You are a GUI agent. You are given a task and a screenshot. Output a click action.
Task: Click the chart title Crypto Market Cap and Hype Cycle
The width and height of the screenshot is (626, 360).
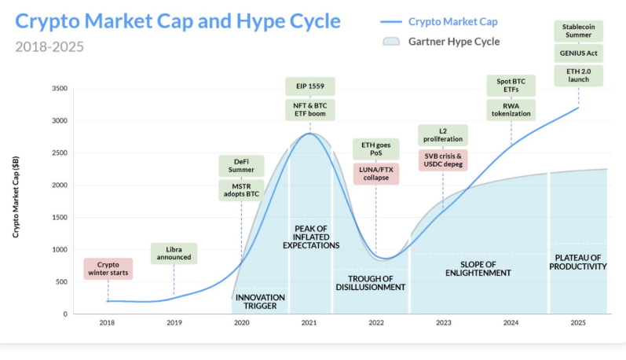point(178,21)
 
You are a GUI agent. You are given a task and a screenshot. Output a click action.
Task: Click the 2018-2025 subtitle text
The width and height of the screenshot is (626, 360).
point(49,46)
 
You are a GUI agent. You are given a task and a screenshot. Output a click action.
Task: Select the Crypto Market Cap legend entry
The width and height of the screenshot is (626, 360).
point(452,22)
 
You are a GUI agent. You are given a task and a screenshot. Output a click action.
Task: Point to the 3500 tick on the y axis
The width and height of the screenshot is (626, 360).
point(60,89)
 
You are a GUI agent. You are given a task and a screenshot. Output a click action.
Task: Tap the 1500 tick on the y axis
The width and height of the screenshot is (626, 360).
point(60,218)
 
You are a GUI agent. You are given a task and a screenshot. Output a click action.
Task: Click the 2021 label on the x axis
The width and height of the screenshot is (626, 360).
point(309,322)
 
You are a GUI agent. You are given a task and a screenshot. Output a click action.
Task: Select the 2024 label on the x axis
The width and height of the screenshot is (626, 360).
point(511,322)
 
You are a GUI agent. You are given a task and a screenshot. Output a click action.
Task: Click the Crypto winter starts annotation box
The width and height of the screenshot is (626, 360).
point(108,269)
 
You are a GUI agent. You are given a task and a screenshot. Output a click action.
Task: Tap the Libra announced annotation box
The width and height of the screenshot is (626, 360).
point(174,254)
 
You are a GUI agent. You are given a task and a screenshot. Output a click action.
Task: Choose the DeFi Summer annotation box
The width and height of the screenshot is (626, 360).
point(241,166)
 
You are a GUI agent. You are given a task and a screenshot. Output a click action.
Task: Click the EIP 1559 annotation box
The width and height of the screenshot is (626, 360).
point(309,86)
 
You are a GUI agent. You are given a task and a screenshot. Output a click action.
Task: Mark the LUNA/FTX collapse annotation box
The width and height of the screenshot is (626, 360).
point(376,174)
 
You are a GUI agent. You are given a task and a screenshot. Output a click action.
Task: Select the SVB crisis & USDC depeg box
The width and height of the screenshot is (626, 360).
point(443,160)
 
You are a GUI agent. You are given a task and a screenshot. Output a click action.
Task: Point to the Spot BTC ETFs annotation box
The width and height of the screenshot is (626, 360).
point(511,85)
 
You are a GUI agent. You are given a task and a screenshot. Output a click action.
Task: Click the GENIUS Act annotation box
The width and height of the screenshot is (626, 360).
point(579,53)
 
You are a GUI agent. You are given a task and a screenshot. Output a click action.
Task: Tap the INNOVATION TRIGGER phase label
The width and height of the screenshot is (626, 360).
point(260,302)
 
